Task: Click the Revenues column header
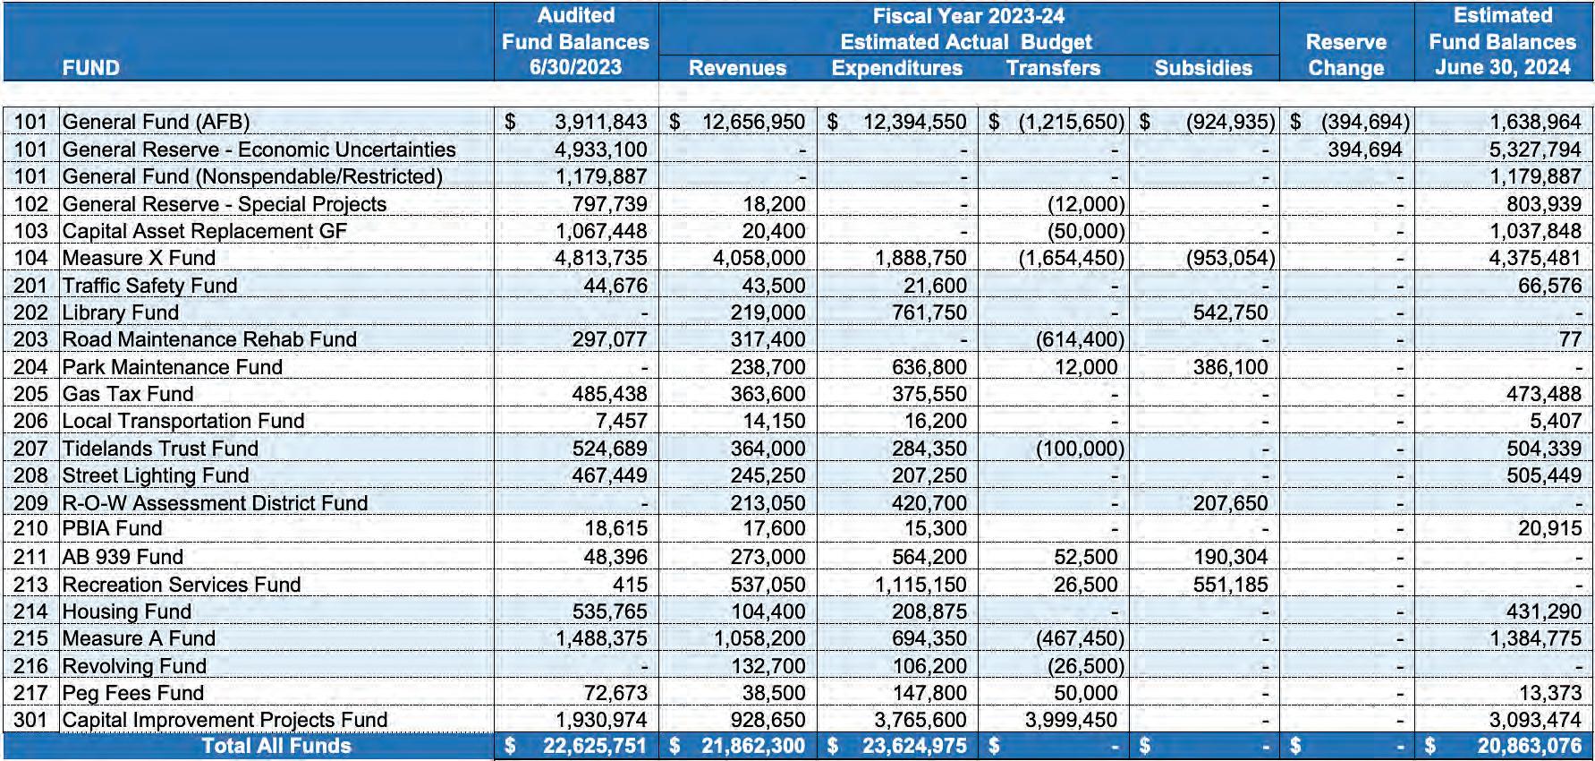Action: (737, 68)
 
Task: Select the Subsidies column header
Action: (1203, 68)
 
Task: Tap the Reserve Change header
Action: (1345, 55)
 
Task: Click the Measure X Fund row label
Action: (139, 259)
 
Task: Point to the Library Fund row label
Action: (120, 312)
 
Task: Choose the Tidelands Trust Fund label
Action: (160, 449)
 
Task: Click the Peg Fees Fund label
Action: (132, 693)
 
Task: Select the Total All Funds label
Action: (276, 746)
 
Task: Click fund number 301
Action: (30, 720)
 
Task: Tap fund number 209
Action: (30, 503)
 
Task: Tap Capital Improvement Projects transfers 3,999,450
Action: (1071, 720)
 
